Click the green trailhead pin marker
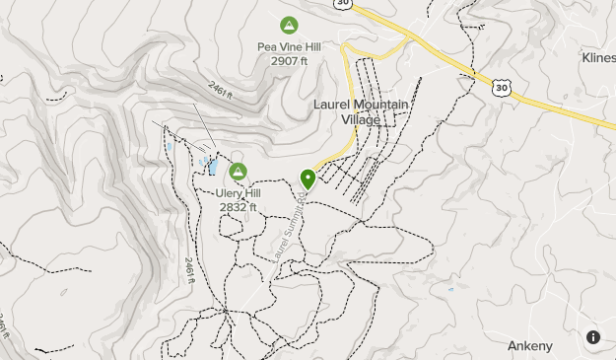click(x=308, y=179)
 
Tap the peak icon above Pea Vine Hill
click(x=289, y=25)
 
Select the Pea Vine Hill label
click(x=289, y=46)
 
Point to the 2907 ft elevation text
click(x=289, y=60)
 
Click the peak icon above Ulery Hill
click(x=238, y=172)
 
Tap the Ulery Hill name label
click(x=238, y=193)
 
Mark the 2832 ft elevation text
click(x=238, y=207)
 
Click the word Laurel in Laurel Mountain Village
click(x=331, y=104)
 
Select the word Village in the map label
click(x=361, y=119)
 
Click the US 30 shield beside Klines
click(x=502, y=88)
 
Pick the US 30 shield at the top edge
click(x=342, y=4)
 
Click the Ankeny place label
click(x=530, y=345)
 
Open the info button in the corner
click(x=593, y=337)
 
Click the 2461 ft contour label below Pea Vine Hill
click(x=220, y=93)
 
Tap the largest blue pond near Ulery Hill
click(x=212, y=166)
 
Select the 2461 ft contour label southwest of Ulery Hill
click(x=188, y=269)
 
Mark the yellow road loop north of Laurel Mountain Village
click(x=375, y=48)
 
